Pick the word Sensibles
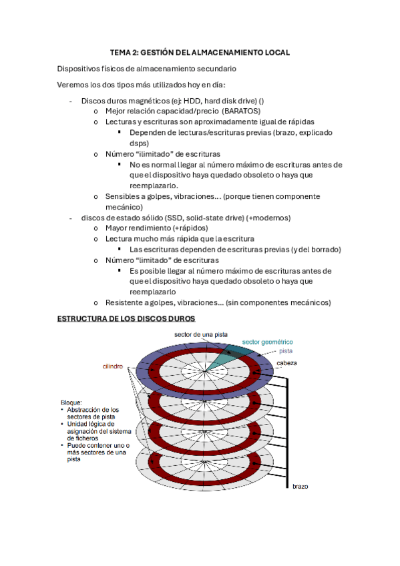click(122, 196)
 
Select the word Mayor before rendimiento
click(116, 228)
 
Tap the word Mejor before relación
click(116, 111)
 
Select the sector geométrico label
click(269, 341)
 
